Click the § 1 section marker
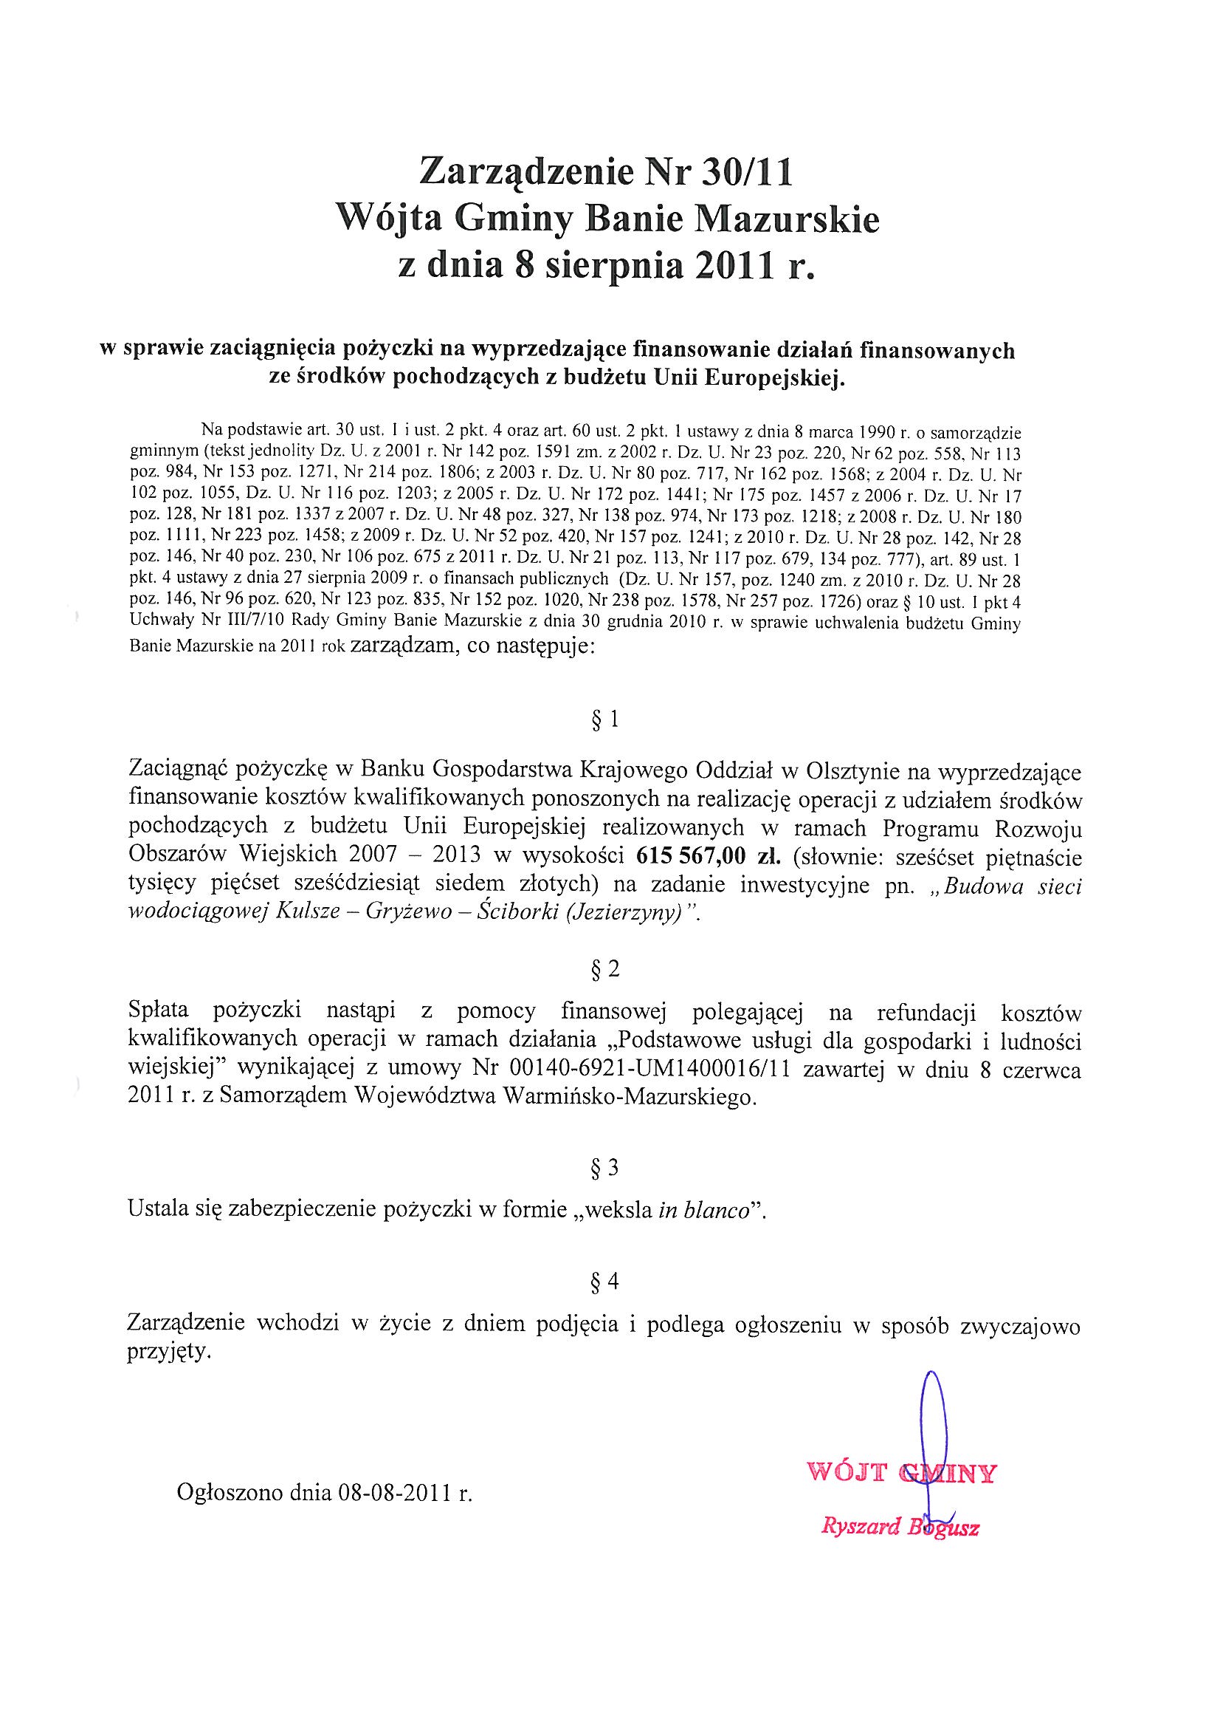(605, 721)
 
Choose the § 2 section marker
(605, 970)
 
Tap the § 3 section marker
(605, 1167)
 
